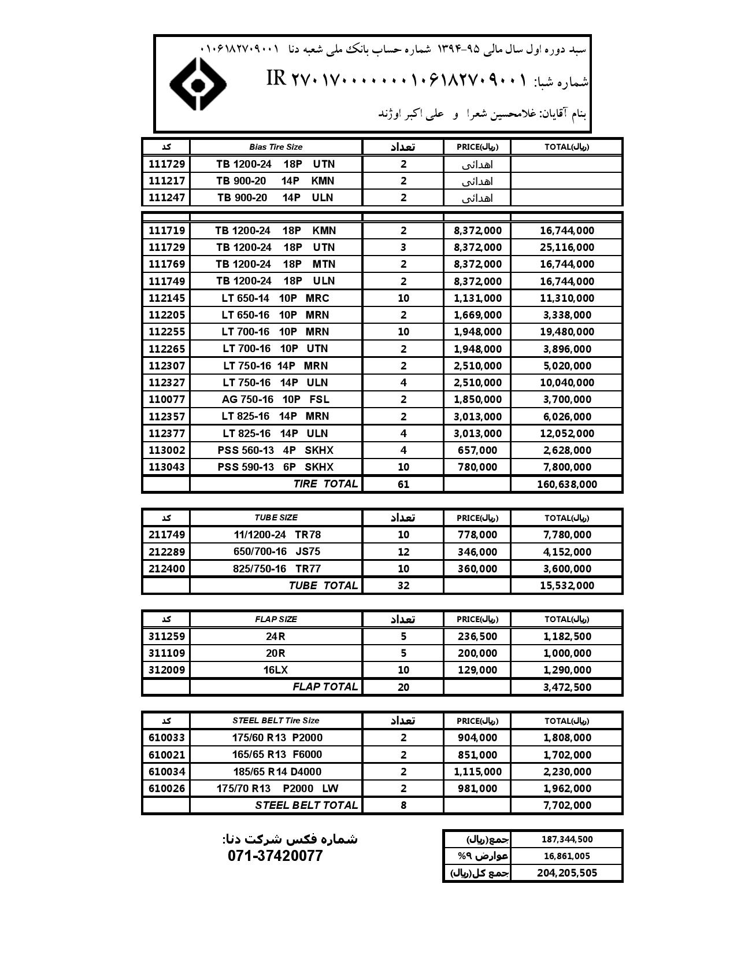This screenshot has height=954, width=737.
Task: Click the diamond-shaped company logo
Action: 197,84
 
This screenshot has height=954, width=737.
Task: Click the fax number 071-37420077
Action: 275,856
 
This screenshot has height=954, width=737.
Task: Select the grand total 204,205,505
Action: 566,873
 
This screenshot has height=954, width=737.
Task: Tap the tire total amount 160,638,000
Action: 566,484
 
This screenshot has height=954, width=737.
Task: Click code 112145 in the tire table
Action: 166,298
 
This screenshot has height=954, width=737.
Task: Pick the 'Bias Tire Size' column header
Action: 276,147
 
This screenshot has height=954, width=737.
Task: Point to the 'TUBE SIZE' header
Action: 276,517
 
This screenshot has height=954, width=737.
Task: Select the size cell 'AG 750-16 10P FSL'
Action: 275,400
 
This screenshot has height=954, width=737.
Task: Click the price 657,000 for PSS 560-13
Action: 477,450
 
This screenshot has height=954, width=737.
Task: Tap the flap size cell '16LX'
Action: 275,670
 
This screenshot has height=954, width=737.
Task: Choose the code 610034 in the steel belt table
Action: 166,772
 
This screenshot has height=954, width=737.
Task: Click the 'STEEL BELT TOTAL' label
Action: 306,805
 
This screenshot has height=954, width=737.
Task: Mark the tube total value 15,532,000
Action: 566,585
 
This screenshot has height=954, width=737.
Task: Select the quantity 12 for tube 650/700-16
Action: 403,552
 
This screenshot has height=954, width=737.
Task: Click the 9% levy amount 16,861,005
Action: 566,856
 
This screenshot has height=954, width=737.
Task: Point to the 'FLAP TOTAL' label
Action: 325,687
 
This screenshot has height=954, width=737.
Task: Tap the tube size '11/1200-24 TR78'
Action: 276,535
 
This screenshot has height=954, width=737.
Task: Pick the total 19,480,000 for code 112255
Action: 566,332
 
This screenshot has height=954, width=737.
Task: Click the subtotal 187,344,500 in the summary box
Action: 566,840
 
